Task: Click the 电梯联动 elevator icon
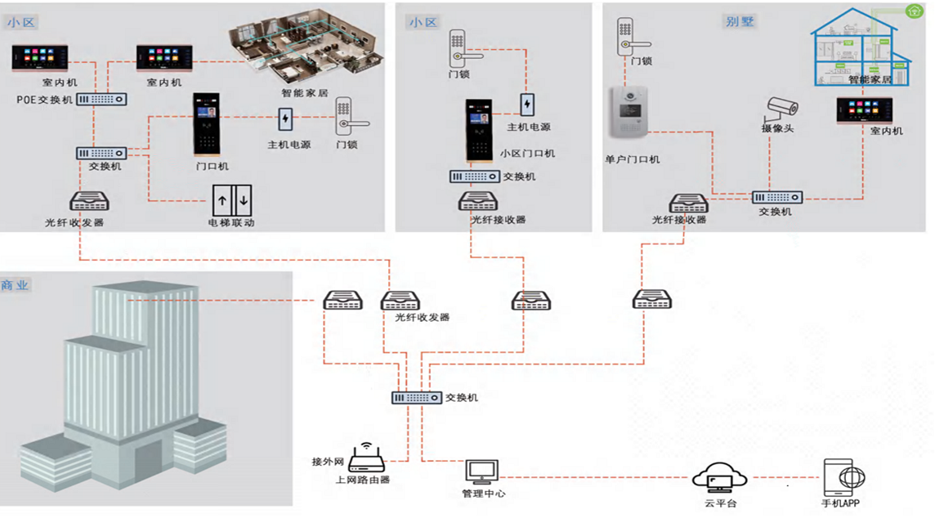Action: click(233, 199)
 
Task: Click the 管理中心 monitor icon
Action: click(481, 472)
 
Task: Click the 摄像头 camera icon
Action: click(782, 107)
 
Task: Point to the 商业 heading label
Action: click(15, 285)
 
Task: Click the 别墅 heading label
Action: click(740, 21)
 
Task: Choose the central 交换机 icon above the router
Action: click(416, 398)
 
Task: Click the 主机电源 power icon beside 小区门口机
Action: click(528, 105)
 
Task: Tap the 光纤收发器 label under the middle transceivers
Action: click(422, 317)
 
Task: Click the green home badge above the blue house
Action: click(915, 11)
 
